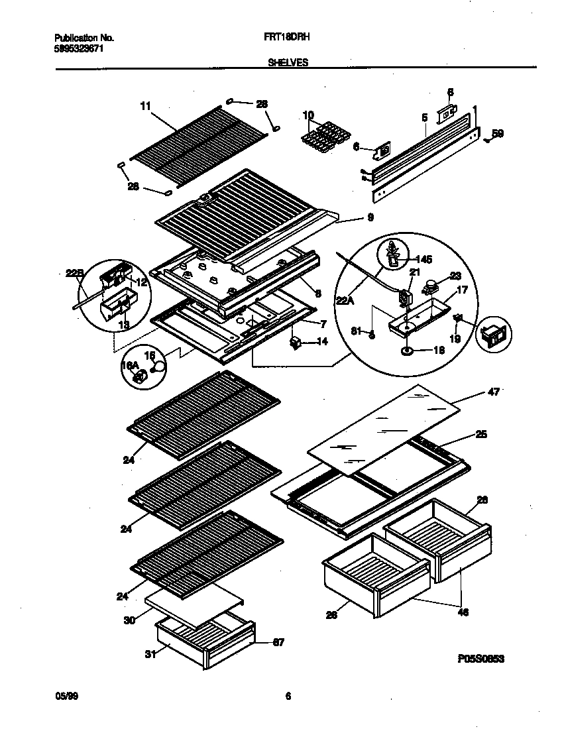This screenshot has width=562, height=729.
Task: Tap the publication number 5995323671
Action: (78, 48)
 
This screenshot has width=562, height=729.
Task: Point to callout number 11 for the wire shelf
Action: (146, 105)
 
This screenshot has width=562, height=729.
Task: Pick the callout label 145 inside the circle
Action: (422, 259)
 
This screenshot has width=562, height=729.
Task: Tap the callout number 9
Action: (370, 217)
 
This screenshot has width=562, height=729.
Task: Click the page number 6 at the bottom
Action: (288, 696)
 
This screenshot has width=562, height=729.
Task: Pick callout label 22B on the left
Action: (74, 272)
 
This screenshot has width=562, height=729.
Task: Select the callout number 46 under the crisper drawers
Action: (463, 612)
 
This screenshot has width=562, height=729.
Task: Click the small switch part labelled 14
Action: (296, 342)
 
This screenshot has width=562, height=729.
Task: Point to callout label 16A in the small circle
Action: (129, 365)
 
